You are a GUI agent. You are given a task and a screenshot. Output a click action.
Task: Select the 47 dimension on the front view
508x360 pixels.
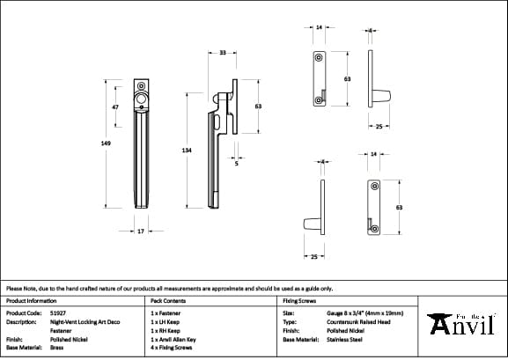coord(115,107)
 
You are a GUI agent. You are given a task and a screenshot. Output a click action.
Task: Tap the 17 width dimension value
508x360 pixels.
coord(141,231)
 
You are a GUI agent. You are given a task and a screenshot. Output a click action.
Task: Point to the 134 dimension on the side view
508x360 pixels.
coord(187,151)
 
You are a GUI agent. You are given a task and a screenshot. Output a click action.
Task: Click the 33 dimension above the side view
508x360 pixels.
coord(223,53)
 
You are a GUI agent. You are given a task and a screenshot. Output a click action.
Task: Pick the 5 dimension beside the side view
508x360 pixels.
coord(236,163)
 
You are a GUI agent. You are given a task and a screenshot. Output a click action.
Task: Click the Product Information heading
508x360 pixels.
coord(31,300)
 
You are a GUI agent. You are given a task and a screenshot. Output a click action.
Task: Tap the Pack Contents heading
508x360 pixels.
coord(168,300)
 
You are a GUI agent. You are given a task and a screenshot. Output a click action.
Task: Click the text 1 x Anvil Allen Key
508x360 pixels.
coord(173,338)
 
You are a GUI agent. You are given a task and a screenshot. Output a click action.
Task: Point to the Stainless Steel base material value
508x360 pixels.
coord(345,338)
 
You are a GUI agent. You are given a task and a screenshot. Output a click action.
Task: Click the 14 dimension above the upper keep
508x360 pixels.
coord(319,28)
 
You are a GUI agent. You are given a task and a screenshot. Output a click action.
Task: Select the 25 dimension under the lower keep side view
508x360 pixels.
coord(314,256)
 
